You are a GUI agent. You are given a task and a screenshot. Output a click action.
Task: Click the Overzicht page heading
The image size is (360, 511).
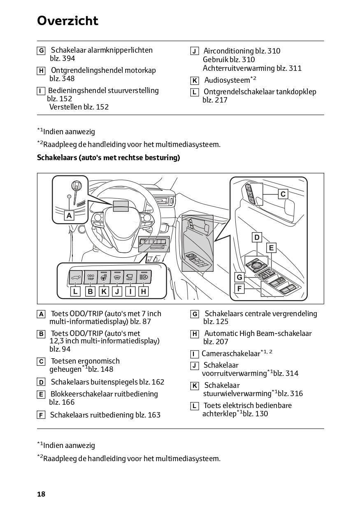[x=67, y=21]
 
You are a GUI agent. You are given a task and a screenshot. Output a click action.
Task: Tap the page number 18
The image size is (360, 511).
[x=41, y=494]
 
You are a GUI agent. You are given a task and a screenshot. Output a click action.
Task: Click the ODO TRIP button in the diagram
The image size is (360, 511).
[x=91, y=277]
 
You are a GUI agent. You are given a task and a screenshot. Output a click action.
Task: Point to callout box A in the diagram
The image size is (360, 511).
[x=69, y=215]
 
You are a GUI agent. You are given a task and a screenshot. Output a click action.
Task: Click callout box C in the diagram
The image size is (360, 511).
[x=283, y=194]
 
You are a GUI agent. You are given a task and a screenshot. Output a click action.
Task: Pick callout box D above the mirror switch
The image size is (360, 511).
[x=257, y=237]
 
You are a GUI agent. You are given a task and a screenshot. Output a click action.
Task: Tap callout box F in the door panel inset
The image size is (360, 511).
[x=239, y=289]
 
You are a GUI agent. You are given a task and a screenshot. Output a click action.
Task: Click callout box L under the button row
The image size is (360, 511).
[x=75, y=291]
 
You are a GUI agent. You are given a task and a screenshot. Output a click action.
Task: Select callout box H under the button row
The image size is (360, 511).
[x=144, y=291]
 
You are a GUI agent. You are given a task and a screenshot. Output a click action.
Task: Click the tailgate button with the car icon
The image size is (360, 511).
[x=76, y=277]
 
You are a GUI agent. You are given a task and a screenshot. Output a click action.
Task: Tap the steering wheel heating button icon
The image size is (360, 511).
[x=104, y=278]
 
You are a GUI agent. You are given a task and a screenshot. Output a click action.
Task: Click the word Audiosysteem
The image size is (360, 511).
[x=227, y=80]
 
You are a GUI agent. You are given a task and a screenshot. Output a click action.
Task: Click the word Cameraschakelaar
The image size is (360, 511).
[x=231, y=354]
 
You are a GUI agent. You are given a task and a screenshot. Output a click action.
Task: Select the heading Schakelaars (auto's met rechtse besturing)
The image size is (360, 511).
[x=109, y=158]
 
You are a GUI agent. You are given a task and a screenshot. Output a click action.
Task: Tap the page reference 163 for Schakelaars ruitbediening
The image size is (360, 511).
[x=154, y=415]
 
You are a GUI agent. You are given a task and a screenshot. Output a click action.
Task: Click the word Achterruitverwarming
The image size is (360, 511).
[x=239, y=68]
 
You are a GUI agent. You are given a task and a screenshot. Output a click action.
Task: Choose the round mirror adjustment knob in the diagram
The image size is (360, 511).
[x=256, y=265]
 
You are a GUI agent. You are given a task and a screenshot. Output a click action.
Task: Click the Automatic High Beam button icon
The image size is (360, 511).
[x=144, y=277]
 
